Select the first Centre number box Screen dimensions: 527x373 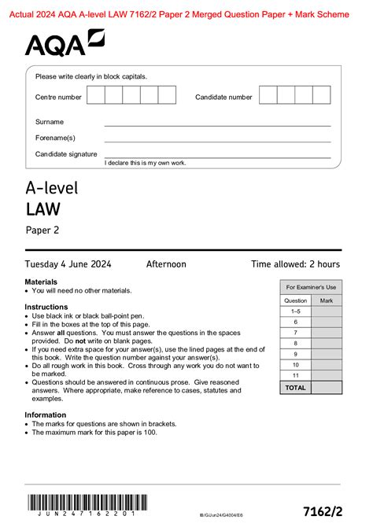(x=95, y=96)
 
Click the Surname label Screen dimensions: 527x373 (x=50, y=122)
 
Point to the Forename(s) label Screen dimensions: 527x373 (x=55, y=138)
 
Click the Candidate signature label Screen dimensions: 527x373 (x=66, y=154)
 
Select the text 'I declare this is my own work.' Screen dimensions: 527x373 (x=146, y=162)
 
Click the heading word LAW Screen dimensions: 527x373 (x=42, y=208)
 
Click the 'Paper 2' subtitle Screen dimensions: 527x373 (x=42, y=230)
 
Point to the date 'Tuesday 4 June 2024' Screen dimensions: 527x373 (x=68, y=264)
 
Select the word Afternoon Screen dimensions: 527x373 (x=166, y=264)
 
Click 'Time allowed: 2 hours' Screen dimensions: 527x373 (x=295, y=264)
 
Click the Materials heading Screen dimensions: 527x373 (x=41, y=282)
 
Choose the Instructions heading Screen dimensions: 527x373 (x=46, y=307)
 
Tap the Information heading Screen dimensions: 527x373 (x=45, y=415)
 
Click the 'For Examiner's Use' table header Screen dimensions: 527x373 (x=311, y=287)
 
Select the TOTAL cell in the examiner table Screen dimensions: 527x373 (x=296, y=388)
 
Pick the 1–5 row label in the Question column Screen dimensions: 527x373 (x=296, y=311)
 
